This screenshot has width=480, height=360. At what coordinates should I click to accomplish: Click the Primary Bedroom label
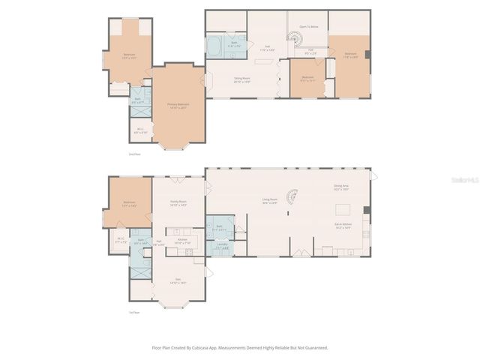pyautogui.click(x=178, y=105)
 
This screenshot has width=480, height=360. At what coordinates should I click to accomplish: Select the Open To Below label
pyautogui.click(x=309, y=27)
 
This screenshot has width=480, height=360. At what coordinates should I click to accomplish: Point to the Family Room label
pyautogui.click(x=178, y=202)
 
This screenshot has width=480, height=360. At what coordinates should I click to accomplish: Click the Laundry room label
pyautogui.click(x=223, y=245)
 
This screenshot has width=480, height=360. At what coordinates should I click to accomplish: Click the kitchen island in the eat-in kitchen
pyautogui.click(x=343, y=209)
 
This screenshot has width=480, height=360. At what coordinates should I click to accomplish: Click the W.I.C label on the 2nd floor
pyautogui.click(x=140, y=130)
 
